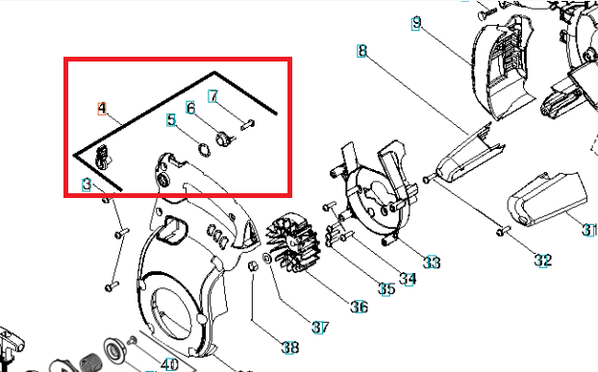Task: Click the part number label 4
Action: (x=102, y=109)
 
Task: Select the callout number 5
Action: (x=171, y=120)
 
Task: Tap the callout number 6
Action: (x=190, y=108)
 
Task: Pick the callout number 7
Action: (x=213, y=96)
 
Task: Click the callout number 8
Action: (x=361, y=51)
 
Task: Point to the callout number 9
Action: (x=416, y=23)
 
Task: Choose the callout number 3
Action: (x=87, y=185)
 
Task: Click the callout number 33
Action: (x=432, y=262)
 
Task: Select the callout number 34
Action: (x=408, y=279)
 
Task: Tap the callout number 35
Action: (x=386, y=289)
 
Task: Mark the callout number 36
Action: (x=360, y=307)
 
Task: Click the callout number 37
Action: (x=320, y=328)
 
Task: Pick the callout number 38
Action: (x=290, y=347)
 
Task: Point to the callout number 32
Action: (x=542, y=260)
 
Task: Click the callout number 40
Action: (x=169, y=364)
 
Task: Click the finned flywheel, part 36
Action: (x=293, y=242)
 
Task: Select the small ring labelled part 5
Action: (x=204, y=149)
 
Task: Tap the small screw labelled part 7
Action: (x=247, y=125)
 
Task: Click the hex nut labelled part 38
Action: (x=253, y=266)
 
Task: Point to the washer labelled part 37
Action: (x=267, y=258)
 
